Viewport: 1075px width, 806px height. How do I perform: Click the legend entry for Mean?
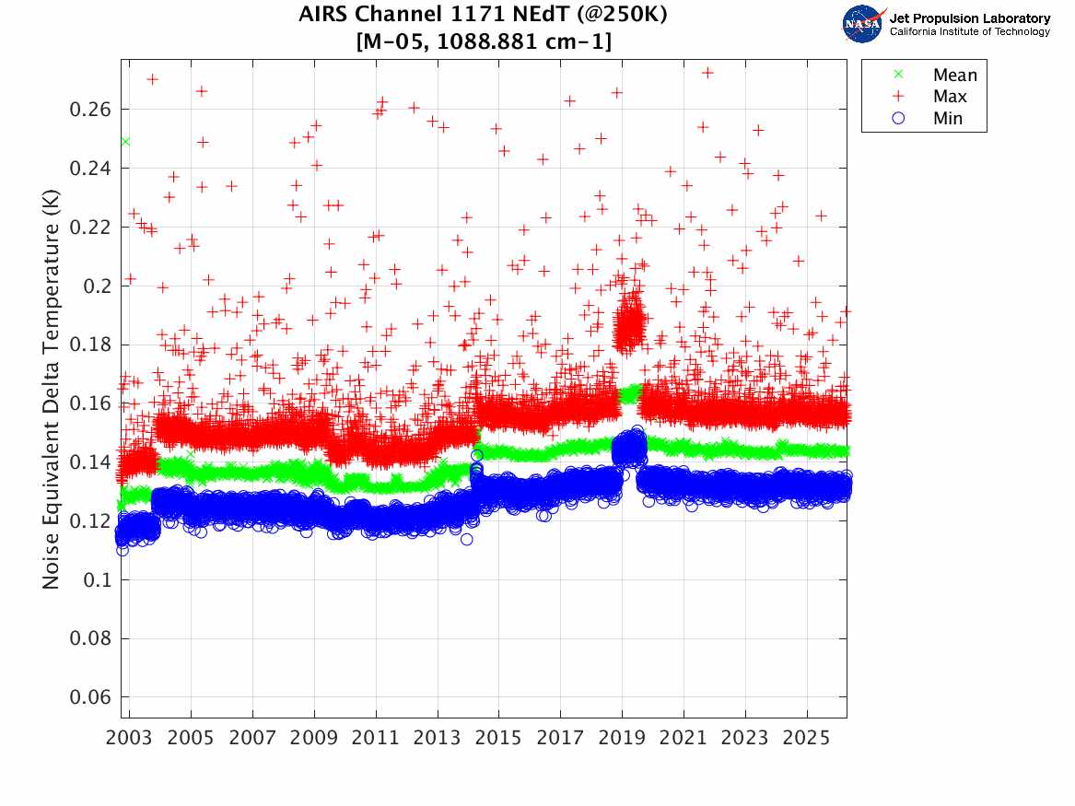click(x=954, y=75)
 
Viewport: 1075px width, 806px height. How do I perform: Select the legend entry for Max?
click(x=950, y=96)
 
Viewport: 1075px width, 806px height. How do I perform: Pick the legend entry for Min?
click(x=948, y=118)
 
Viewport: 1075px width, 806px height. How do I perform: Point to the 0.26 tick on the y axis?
click(x=93, y=110)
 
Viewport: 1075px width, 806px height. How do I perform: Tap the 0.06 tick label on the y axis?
click(x=93, y=697)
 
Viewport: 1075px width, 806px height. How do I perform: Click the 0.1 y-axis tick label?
click(x=100, y=579)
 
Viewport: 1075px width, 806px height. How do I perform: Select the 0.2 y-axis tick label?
click(x=100, y=286)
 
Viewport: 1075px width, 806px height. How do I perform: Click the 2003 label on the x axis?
click(x=129, y=739)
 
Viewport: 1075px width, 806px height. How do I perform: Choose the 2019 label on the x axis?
click(x=622, y=739)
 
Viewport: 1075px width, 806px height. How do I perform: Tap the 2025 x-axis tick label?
click(x=807, y=739)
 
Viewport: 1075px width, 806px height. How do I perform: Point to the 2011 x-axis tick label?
click(x=376, y=739)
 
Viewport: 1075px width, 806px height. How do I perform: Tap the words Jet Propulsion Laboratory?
click(x=969, y=18)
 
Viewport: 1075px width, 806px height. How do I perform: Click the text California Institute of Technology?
click(x=969, y=31)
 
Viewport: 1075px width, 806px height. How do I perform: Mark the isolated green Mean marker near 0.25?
click(x=124, y=141)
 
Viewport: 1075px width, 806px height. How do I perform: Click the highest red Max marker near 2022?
click(x=707, y=72)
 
